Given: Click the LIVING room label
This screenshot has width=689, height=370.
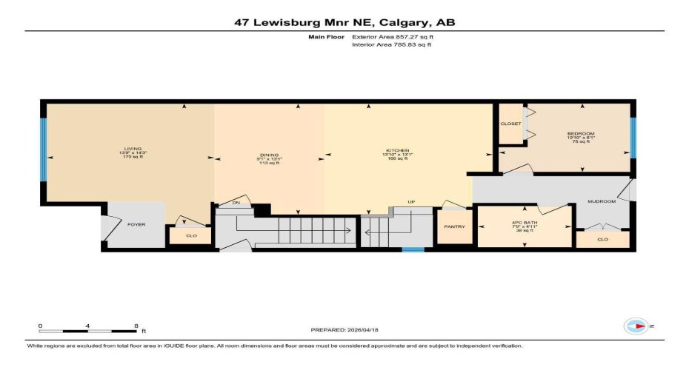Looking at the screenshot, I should [x=133, y=149].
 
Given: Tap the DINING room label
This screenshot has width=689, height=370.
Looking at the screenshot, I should [x=267, y=155].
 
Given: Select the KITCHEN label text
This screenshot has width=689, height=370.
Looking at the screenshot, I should [x=396, y=150].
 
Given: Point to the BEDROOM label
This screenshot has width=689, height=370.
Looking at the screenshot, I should [x=580, y=134].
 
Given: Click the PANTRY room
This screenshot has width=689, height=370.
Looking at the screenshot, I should [x=454, y=226].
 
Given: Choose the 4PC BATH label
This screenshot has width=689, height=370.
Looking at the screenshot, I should [x=524, y=223].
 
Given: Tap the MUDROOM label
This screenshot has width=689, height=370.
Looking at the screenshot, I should [x=602, y=201].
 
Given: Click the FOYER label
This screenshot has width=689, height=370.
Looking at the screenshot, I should [x=136, y=223].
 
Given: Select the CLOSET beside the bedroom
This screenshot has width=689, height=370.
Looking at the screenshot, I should [x=510, y=124].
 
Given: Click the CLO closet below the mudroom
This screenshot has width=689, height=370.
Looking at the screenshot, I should [x=602, y=240].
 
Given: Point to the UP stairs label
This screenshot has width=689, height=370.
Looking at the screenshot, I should [x=411, y=202].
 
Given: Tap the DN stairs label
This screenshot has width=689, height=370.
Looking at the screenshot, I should [x=237, y=202].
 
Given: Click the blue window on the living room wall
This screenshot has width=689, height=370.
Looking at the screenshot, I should [x=43, y=151].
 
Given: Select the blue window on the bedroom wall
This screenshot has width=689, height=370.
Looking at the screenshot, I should [x=633, y=138].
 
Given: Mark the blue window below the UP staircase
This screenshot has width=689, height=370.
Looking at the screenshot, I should [x=413, y=249].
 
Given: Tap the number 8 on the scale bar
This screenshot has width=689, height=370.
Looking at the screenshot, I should [x=135, y=326].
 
